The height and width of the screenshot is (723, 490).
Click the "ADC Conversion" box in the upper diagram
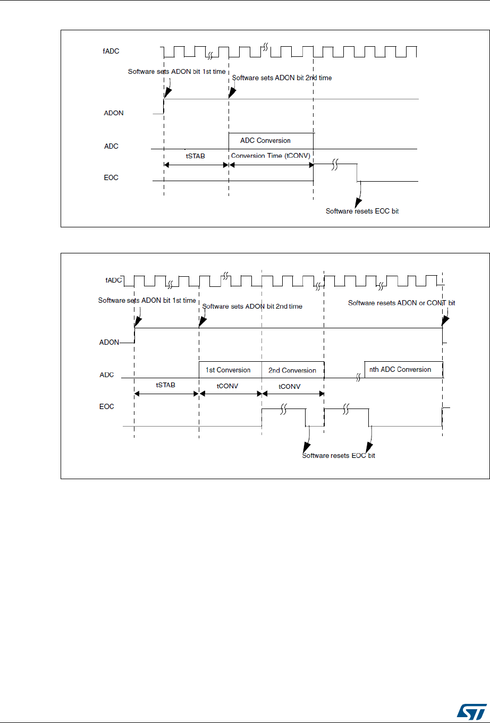pyautogui.click(x=266, y=141)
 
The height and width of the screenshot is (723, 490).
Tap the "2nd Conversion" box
pyautogui.click(x=292, y=370)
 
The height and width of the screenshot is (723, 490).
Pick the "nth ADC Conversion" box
pyautogui.click(x=401, y=369)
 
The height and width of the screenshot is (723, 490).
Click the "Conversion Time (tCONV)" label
pyautogui.click(x=270, y=156)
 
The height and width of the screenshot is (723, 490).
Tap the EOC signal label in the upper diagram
pyautogui.click(x=111, y=177)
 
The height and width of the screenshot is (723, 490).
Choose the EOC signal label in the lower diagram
pyautogui.click(x=108, y=407)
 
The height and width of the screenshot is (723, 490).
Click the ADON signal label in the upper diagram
pyautogui.click(x=114, y=113)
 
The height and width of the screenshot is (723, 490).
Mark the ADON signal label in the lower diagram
pyautogui.click(x=109, y=343)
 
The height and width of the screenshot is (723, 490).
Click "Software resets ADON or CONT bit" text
pyautogui.click(x=401, y=303)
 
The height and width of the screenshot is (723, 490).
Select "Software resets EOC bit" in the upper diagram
pyautogui.click(x=362, y=211)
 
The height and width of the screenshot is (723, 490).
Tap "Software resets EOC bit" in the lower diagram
pyautogui.click(x=339, y=456)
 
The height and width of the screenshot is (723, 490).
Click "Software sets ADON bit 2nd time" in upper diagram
pyautogui.click(x=282, y=78)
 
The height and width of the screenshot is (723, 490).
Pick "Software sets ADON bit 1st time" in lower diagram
pyautogui.click(x=147, y=300)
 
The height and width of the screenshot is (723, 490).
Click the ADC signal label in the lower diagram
pyautogui.click(x=107, y=375)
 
